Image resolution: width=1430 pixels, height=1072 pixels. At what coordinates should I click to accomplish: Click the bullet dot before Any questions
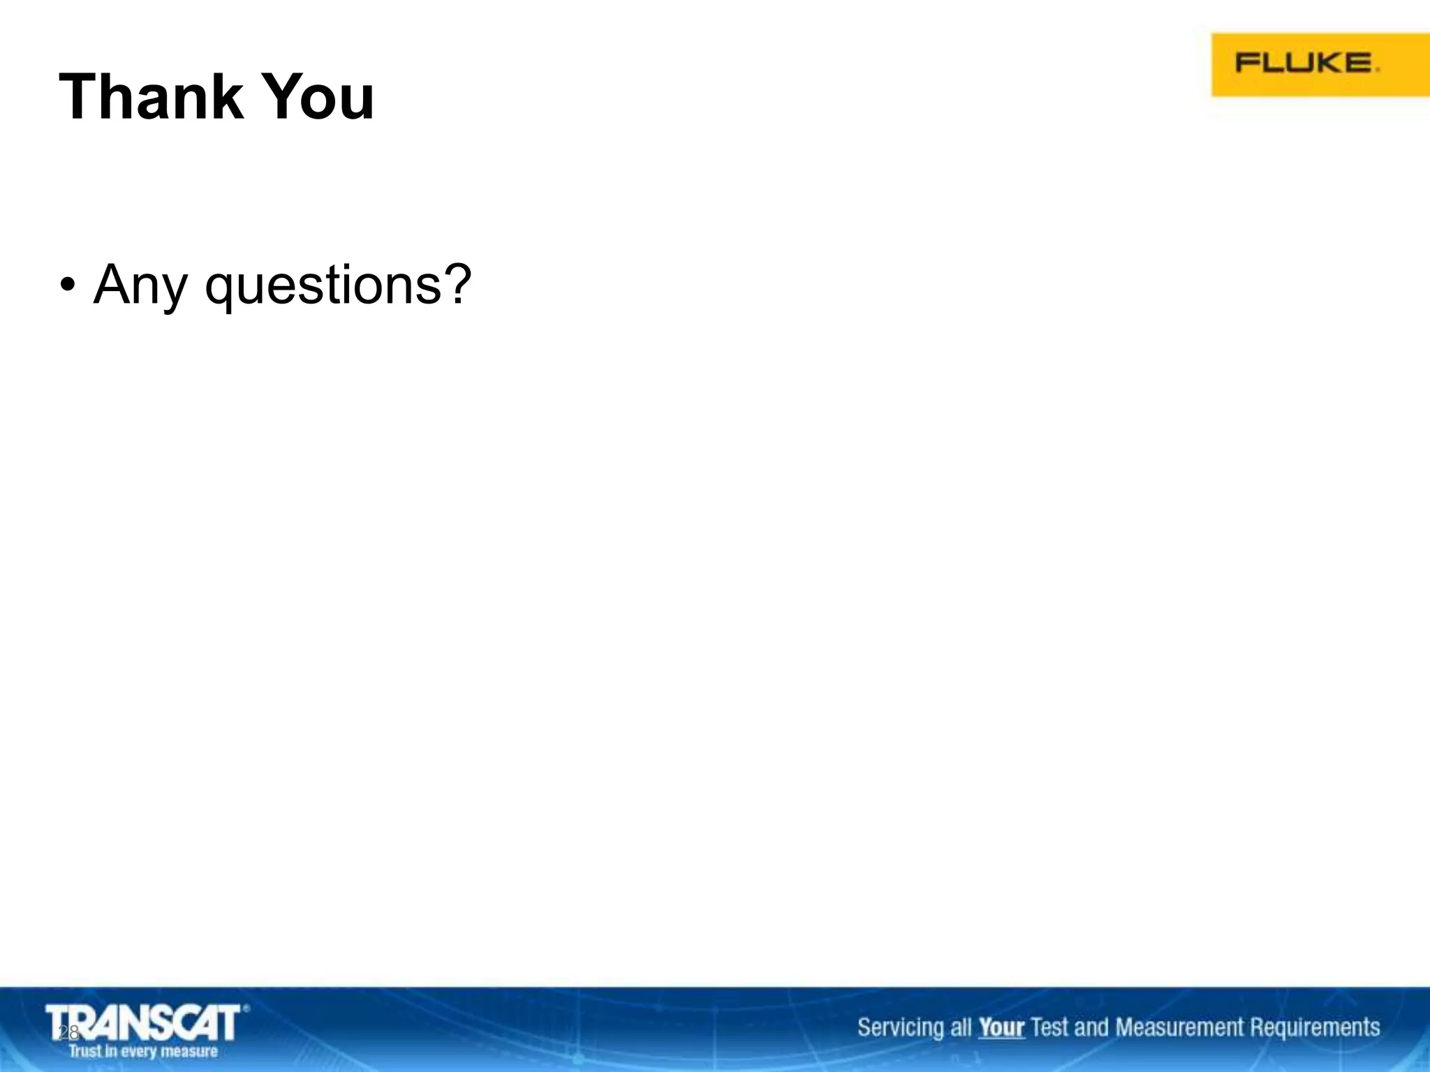click(67, 285)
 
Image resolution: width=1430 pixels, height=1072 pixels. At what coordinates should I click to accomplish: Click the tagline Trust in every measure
click(143, 1051)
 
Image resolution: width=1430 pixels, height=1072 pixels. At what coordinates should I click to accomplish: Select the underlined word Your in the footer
click(1001, 1027)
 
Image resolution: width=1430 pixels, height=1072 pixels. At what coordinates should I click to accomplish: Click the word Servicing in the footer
click(900, 1027)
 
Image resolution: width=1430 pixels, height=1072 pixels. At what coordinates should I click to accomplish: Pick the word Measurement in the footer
click(1179, 1027)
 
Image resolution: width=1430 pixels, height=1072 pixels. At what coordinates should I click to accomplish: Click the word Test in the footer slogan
click(1049, 1027)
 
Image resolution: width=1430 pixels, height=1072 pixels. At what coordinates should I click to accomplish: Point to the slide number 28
click(68, 1033)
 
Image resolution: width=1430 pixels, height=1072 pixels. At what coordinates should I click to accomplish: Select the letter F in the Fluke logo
click(1246, 63)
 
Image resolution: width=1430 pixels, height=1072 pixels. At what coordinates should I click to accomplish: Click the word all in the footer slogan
click(961, 1027)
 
